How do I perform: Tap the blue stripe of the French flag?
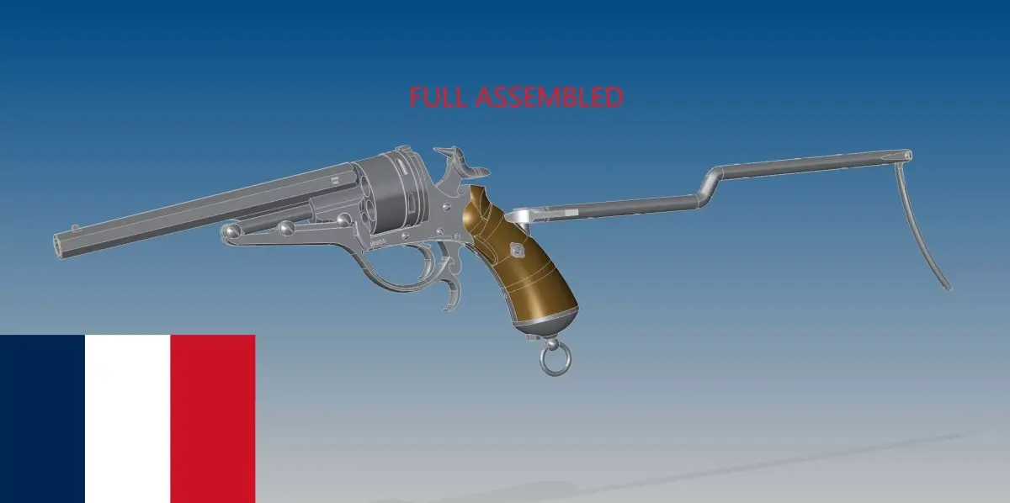(42, 418)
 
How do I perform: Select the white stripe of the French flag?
(127, 418)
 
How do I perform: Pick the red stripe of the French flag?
(212, 418)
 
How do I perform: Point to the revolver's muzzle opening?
(61, 243)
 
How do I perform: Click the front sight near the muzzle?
(76, 226)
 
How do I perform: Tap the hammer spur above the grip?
(455, 155)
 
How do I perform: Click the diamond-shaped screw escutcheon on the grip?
(514, 249)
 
